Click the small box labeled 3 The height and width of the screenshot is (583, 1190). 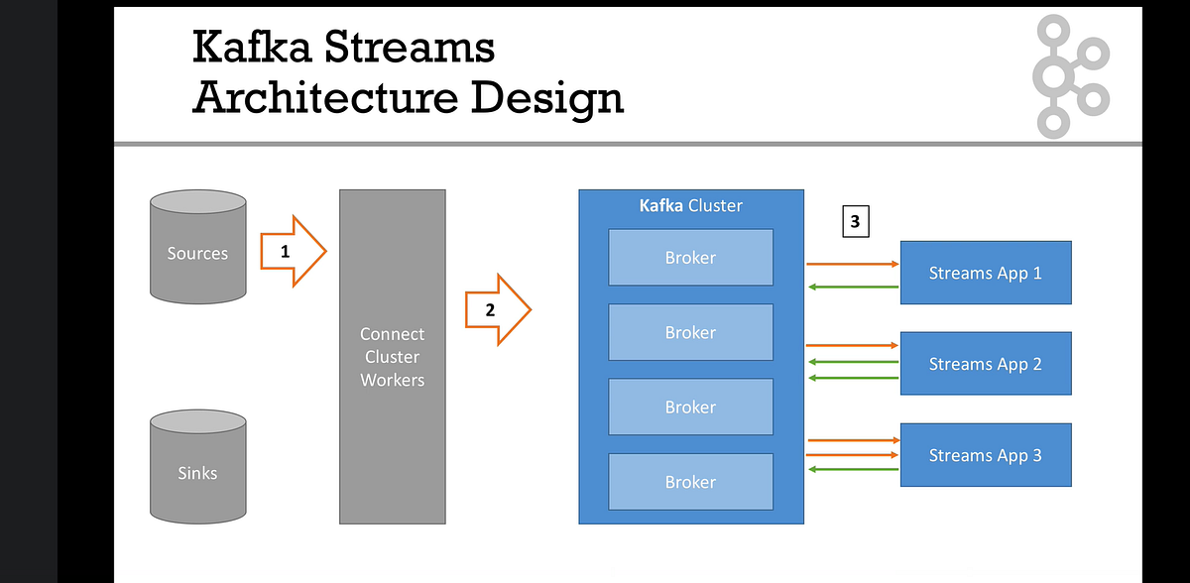pyautogui.click(x=855, y=222)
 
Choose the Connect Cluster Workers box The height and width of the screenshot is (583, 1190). pyautogui.click(x=392, y=357)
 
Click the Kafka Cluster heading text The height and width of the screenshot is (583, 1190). pyautogui.click(x=690, y=206)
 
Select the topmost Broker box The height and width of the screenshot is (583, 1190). pyautogui.click(x=690, y=257)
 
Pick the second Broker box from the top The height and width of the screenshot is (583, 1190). pyautogui.click(x=690, y=332)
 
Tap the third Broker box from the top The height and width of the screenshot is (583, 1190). pyautogui.click(x=690, y=407)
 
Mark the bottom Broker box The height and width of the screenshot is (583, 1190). pyautogui.click(x=690, y=482)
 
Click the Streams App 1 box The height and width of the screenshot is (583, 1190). pyautogui.click(x=985, y=273)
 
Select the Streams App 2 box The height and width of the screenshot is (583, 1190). pyautogui.click(x=985, y=364)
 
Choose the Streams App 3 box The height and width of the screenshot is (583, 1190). pyautogui.click(x=985, y=455)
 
